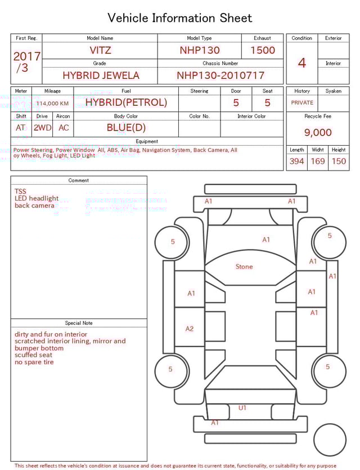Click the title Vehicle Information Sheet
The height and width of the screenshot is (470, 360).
point(180,18)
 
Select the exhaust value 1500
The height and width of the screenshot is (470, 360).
point(263,50)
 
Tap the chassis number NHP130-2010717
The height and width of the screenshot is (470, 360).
point(220,75)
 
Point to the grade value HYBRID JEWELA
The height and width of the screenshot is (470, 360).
point(101,75)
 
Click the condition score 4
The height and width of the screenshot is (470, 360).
point(301,63)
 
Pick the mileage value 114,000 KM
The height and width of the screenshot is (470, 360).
point(52,104)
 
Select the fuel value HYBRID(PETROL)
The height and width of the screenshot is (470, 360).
point(126,102)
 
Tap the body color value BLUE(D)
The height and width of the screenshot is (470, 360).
point(126,128)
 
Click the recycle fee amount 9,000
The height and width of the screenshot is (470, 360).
point(318,133)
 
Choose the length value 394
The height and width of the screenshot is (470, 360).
point(296,162)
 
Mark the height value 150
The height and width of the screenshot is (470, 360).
point(339,162)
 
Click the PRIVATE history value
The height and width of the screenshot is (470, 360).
point(302,103)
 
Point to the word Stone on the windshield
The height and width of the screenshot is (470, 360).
point(244,267)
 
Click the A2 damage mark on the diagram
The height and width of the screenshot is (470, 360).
point(190,329)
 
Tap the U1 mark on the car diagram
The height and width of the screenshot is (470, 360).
point(242,408)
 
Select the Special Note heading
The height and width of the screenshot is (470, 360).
point(79,323)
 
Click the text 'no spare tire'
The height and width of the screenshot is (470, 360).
point(34,362)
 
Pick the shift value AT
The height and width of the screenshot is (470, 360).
point(21,128)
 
